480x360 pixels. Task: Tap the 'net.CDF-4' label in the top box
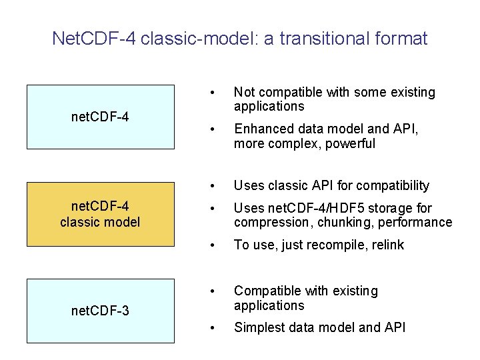[x=100, y=117]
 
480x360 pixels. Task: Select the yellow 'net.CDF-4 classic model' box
[x=100, y=214]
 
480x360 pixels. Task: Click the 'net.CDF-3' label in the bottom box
[x=100, y=310]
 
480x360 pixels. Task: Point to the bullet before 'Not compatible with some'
[x=211, y=93]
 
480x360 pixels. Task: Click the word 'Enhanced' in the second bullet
[x=261, y=129]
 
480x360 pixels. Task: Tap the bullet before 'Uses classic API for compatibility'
[x=211, y=185]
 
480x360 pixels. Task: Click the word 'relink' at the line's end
[x=386, y=245]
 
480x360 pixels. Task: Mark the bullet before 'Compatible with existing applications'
[x=211, y=291]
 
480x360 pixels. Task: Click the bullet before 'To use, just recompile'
[x=211, y=245]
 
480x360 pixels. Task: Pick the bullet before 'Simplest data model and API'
[x=211, y=327]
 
